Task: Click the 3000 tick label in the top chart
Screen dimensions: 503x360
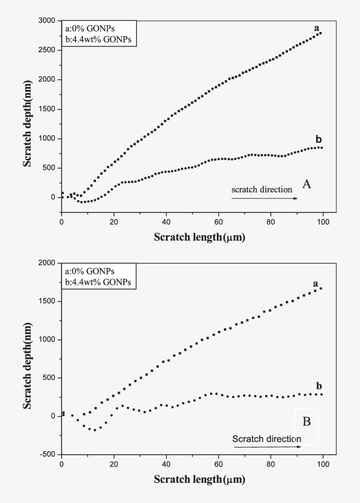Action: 47,21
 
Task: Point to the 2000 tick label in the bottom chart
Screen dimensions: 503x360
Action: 47,263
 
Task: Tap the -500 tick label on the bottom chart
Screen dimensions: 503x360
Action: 48,454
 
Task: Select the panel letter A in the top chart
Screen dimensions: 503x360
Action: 306,184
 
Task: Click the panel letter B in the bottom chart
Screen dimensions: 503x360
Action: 306,422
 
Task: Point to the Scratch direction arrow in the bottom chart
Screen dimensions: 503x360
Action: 267,447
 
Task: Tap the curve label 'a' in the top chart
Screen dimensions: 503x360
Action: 316,28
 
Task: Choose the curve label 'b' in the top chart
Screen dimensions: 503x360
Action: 318,140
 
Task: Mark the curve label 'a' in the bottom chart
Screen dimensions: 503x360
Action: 315,284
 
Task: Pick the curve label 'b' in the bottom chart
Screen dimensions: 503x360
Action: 319,386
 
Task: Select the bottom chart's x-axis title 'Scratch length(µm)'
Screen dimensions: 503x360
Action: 199,479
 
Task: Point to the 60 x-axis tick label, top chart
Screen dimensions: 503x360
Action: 218,221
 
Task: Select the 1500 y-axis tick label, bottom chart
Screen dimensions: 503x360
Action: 47,302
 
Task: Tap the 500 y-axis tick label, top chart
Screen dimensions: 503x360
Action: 49,168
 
